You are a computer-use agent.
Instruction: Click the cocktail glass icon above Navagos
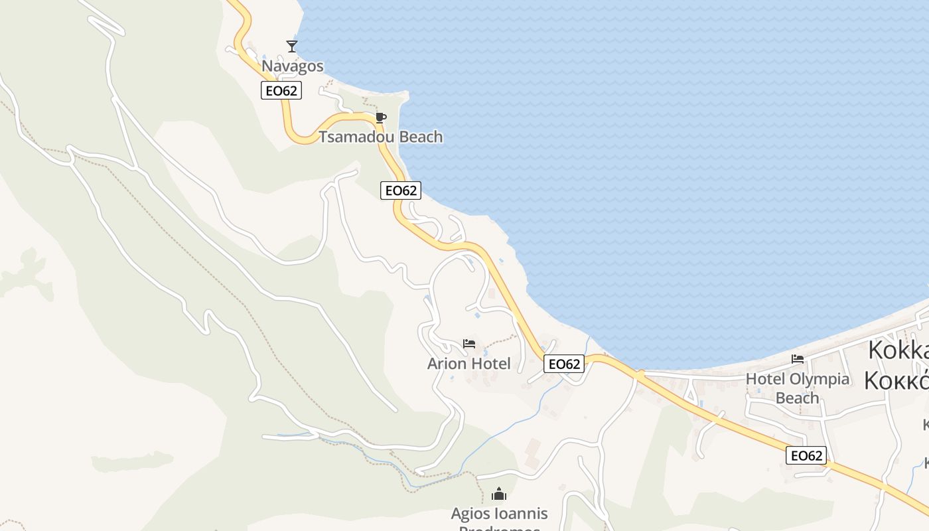pos(292,46)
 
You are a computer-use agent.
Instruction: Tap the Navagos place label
pos(293,66)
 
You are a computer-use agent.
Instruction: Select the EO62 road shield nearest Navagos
pos(281,91)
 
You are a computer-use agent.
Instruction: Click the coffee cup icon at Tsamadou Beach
pos(380,118)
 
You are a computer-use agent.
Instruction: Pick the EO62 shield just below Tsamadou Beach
pos(401,190)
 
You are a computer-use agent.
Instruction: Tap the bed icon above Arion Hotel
pos(469,344)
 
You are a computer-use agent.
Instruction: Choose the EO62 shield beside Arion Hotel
pos(564,364)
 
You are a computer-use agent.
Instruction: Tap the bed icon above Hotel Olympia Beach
pos(798,359)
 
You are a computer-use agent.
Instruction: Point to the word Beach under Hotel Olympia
pos(797,398)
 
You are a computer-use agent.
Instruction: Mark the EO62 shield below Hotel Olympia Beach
pos(806,455)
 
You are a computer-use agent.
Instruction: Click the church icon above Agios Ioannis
pos(499,494)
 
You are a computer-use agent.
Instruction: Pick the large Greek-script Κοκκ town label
pos(896,380)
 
